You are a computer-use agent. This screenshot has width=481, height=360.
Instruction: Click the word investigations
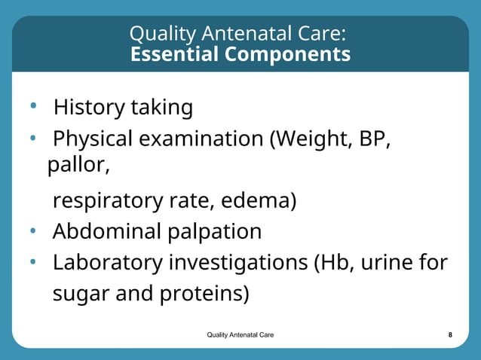[236, 264]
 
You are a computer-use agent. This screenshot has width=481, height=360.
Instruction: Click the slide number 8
[450, 334]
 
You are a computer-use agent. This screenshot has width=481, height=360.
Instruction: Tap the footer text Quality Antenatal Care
[240, 334]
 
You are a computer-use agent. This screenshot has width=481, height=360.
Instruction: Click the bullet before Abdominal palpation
[33, 231]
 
